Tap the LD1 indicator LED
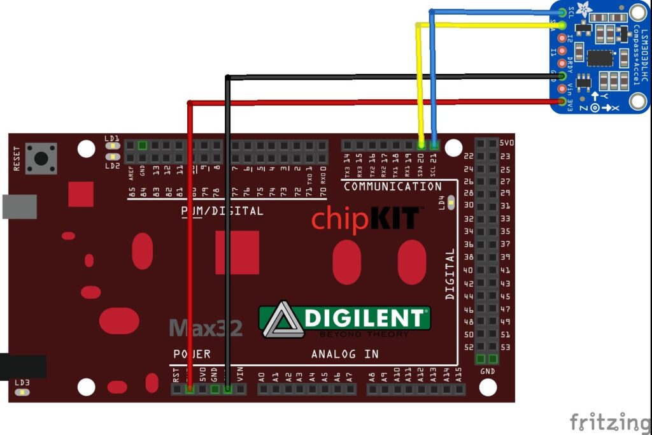(113, 145)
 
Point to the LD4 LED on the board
(451, 203)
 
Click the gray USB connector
(19, 206)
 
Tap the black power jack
(22, 366)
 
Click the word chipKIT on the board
(365, 218)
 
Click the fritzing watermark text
(610, 422)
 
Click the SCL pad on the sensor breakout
(562, 12)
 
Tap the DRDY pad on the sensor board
(562, 63)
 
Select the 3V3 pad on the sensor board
(562, 101)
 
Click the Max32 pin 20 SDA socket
(421, 145)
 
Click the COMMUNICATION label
(392, 187)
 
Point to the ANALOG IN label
(344, 353)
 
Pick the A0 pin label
(261, 376)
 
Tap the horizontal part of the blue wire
(497, 11)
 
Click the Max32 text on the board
(206, 329)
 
